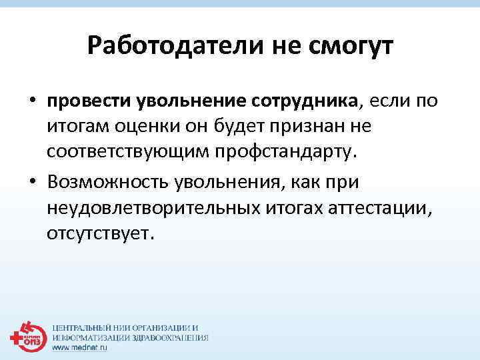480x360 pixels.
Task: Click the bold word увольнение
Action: pyautogui.click(x=192, y=101)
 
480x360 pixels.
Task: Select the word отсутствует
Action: pyautogui.click(x=100, y=234)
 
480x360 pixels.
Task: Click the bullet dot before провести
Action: pyautogui.click(x=32, y=102)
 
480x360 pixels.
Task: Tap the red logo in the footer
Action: pyautogui.click(x=27, y=337)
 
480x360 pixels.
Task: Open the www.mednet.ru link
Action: pyautogui.click(x=79, y=348)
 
